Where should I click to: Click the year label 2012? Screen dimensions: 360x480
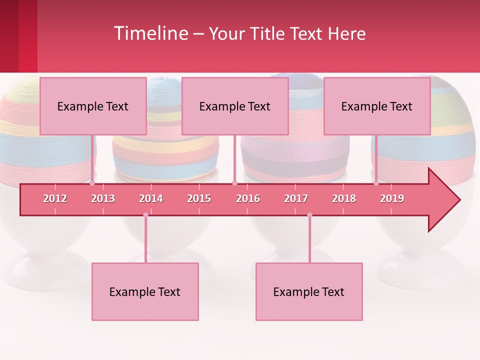click(x=55, y=198)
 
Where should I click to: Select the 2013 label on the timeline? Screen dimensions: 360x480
click(x=103, y=198)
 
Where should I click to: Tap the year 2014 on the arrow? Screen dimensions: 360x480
click(x=151, y=198)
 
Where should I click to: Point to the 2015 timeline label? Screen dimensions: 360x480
click(x=199, y=198)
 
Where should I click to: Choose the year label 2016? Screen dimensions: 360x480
click(x=248, y=198)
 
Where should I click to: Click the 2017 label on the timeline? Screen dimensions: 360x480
click(x=296, y=198)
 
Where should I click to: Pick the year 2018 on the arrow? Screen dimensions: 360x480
click(x=344, y=198)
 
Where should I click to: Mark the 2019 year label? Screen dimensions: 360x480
click(x=392, y=198)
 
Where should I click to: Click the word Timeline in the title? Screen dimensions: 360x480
click(x=150, y=33)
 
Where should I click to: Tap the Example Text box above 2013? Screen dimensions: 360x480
click(x=93, y=106)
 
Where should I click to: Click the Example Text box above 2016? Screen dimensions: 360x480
click(x=235, y=106)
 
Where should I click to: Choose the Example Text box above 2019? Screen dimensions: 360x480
click(x=377, y=106)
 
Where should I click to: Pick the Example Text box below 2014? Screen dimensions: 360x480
click(x=145, y=291)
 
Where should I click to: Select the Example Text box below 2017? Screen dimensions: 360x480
click(x=309, y=291)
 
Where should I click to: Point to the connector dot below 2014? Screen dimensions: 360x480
click(x=145, y=215)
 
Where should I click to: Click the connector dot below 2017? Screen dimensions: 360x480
click(x=309, y=215)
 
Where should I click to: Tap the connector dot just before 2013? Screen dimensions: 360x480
click(x=92, y=183)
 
